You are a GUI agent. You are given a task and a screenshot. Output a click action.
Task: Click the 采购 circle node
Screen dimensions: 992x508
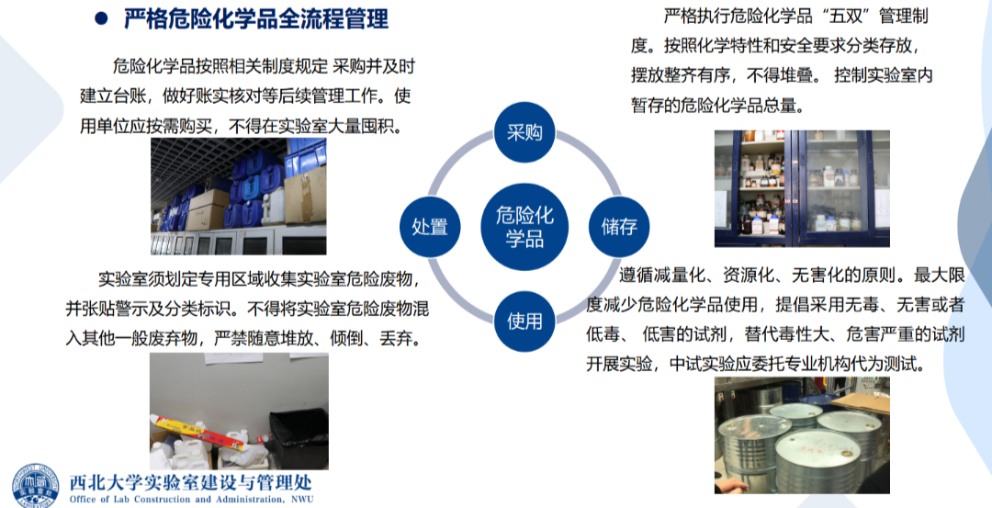(x=524, y=132)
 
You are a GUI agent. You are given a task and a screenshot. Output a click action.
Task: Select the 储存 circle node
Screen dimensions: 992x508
(x=619, y=227)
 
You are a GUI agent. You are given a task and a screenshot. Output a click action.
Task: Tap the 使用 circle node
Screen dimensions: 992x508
(x=524, y=322)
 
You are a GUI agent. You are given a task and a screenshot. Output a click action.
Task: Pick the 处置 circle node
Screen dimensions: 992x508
(x=430, y=227)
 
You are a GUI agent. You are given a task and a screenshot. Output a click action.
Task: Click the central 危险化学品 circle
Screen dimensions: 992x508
(x=524, y=227)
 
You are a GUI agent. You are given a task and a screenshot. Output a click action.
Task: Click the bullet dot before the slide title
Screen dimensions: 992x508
(x=101, y=18)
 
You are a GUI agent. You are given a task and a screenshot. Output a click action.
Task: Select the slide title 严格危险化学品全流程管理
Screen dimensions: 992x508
(x=256, y=18)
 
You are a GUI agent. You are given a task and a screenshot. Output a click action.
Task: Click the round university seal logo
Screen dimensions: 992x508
(x=35, y=485)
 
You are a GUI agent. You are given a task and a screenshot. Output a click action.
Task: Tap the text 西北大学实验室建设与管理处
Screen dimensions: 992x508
(x=190, y=482)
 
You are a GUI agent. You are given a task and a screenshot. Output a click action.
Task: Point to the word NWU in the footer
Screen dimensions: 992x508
(x=302, y=499)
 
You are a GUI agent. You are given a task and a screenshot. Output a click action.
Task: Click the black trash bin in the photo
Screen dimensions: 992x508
(x=299, y=437)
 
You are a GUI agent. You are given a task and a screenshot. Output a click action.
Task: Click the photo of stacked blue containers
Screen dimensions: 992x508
(x=239, y=197)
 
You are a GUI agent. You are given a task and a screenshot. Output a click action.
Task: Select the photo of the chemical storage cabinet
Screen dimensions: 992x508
(x=802, y=188)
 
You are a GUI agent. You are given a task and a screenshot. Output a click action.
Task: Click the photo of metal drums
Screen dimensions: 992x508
(x=802, y=435)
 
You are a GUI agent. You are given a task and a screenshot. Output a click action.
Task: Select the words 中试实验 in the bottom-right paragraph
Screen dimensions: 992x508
(x=702, y=364)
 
